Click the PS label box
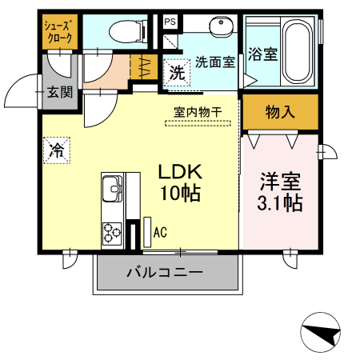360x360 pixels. [170, 22]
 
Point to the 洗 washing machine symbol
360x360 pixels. [174, 71]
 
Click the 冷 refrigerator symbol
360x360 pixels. [57, 149]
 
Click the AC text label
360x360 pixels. [160, 233]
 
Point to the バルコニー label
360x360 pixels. [166, 273]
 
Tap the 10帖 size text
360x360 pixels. [179, 193]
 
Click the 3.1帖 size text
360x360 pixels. [279, 203]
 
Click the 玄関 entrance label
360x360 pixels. [58, 92]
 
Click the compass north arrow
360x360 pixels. [322, 335]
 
